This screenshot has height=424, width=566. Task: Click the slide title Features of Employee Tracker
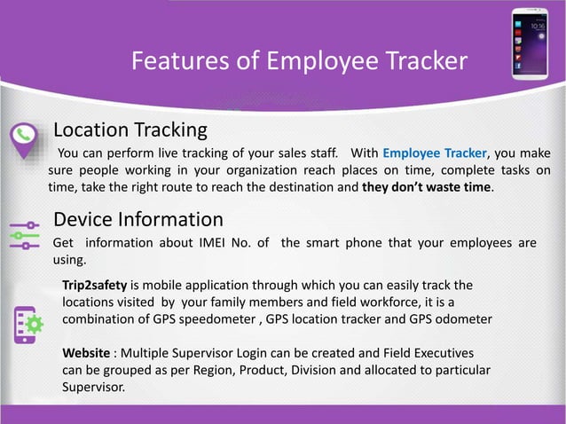[299, 61]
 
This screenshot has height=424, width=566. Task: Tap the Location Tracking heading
[130, 130]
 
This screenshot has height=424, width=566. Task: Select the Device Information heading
[138, 218]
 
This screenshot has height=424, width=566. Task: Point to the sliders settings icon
[24, 234]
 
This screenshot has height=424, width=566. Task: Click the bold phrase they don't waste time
[428, 188]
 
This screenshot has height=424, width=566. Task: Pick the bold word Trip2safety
[94, 286]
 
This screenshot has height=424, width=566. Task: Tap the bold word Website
[86, 352]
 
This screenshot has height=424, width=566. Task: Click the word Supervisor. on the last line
[93, 387]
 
